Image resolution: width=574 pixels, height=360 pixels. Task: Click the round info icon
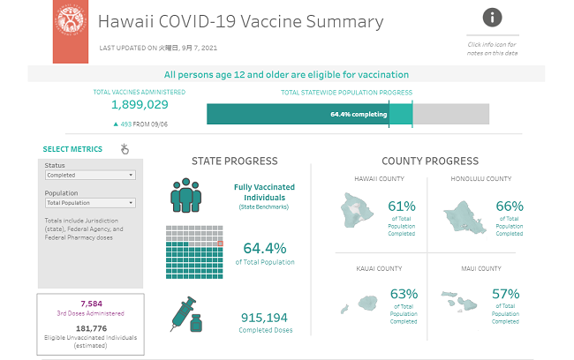493,17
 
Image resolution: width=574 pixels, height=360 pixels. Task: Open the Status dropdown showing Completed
90,175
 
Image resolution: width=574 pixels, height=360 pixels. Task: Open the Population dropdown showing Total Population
90,203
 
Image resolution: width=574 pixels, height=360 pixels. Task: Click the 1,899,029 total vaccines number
140,104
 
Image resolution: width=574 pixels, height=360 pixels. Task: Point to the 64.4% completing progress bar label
359,114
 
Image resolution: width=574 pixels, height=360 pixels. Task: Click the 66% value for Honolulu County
509,206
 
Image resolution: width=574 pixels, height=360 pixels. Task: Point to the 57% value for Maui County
506,294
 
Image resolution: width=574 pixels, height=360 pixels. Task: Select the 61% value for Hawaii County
402,206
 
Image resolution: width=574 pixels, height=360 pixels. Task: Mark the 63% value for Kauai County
403,294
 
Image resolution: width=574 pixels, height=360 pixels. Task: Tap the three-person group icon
188,196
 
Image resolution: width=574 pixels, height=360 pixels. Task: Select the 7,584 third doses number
92,303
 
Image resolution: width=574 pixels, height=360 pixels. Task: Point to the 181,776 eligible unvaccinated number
92,327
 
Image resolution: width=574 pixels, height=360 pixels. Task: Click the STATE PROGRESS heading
235,161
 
